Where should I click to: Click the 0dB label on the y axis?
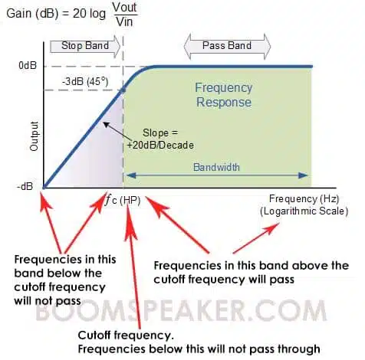tap(28, 66)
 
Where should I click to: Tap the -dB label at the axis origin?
tap(25, 187)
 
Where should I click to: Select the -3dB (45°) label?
tap(85, 82)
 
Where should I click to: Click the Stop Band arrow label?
tap(85, 46)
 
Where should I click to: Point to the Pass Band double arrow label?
tap(227, 46)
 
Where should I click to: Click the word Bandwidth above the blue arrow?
tap(216, 167)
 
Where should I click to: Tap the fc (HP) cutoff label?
tap(123, 200)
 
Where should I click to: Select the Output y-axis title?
tap(34, 136)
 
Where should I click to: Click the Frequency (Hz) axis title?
tap(304, 199)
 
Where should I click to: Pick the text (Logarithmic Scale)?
tap(304, 211)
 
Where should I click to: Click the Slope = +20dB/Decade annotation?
tap(160, 139)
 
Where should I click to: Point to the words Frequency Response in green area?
tap(224, 95)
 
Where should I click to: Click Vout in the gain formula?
tap(125, 8)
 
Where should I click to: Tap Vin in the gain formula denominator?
tap(124, 21)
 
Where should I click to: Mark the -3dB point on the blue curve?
tap(123, 90)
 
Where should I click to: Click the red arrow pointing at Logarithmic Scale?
tap(256, 238)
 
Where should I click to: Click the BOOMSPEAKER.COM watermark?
tap(181, 310)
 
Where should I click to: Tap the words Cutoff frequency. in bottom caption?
tap(126, 335)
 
